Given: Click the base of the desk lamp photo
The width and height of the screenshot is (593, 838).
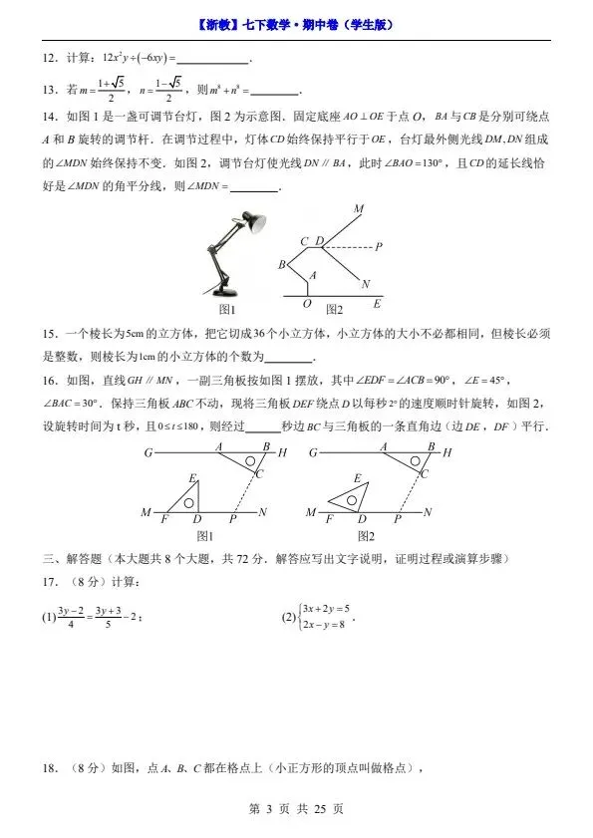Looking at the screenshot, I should coord(225,291).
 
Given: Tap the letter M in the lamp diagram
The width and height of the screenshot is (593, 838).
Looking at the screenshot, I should coord(358,208).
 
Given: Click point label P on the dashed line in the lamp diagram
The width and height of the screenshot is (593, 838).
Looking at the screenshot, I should coord(380,245).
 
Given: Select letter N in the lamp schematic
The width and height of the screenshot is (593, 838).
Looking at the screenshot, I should coord(366,282).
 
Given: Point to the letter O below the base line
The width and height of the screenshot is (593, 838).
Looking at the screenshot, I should coord(307,304).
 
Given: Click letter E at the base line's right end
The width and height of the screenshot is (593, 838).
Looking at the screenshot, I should coord(376,303).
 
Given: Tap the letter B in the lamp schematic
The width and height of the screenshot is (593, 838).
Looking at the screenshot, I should coord(282,264).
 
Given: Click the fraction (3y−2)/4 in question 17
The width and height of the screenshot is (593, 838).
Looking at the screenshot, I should coord(73,618).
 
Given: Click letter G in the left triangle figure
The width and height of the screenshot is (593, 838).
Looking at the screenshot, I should coord(148,452).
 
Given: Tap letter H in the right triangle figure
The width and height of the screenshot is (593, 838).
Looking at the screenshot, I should coord(446,452).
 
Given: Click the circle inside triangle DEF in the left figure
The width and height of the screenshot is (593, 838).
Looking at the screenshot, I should coord(187,501).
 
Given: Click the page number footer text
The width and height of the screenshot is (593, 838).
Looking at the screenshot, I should coord(296,809).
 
